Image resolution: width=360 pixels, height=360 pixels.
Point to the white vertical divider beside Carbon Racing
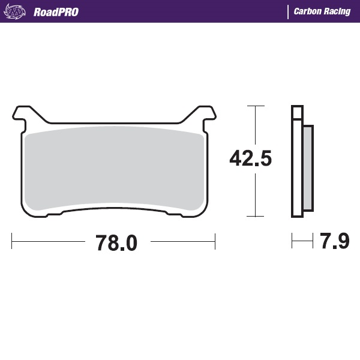click(288, 11)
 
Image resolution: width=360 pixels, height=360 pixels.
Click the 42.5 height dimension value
click(251, 158)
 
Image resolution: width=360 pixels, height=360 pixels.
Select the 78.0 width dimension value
click(116, 243)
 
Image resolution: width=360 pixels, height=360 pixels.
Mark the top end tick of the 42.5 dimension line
click(256, 106)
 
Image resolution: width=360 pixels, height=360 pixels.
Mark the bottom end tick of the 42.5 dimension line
click(256, 216)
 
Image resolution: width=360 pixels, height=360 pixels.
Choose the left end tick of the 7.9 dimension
click(292, 242)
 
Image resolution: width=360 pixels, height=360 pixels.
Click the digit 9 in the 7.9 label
click(342, 242)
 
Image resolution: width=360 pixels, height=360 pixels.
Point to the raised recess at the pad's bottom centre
click(114, 208)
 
